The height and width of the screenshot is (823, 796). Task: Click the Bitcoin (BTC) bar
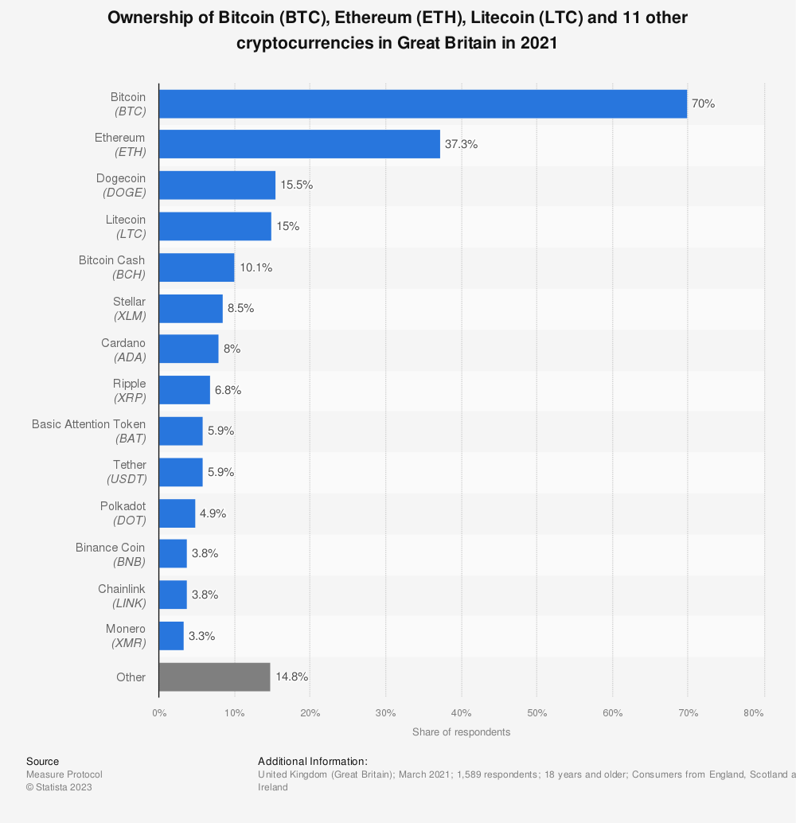pos(423,103)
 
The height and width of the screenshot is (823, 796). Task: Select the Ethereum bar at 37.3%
pos(299,144)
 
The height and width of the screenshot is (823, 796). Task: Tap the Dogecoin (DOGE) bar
pos(217,185)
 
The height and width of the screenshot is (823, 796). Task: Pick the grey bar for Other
pos(215,677)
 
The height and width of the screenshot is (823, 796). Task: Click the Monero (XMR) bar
pos(172,636)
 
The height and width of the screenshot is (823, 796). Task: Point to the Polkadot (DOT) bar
pos(178,513)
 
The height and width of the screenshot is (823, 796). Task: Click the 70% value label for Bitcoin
pos(704,103)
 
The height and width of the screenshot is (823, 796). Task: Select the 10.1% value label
pos(256,267)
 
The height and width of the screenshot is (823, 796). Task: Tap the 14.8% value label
pos(291,677)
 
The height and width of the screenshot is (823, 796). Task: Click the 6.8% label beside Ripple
pos(228,390)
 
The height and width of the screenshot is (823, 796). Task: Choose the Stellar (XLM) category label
pos(129,308)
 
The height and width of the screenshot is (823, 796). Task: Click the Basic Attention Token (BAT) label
pos(89,431)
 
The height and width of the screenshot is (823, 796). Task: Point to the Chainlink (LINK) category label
pos(122,595)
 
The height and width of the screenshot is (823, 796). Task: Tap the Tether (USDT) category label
pos(128,472)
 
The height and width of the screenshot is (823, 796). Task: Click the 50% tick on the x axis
pos(537,713)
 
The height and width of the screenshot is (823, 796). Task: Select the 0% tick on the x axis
pos(159,713)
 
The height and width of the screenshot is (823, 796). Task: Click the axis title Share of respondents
pos(462,731)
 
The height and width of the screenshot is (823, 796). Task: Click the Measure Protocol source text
pos(64,774)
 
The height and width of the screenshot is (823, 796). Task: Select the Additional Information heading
pos(313,762)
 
